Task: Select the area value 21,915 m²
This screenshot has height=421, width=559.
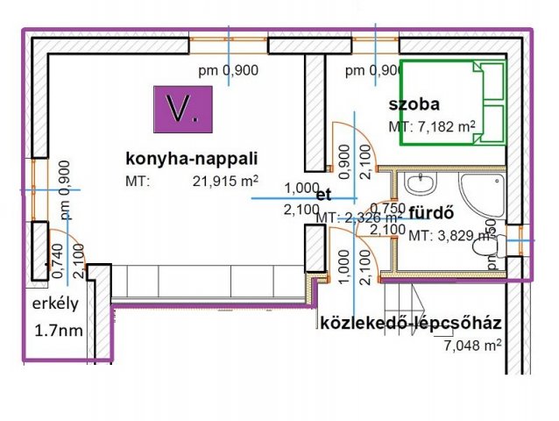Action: (x=225, y=182)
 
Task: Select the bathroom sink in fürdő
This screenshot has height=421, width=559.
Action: (x=422, y=184)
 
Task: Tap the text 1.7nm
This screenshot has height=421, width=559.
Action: (x=60, y=332)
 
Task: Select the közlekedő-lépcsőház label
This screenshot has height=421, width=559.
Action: (x=411, y=324)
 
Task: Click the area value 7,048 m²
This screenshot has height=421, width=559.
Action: (x=473, y=346)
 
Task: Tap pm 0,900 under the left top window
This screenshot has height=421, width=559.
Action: (x=227, y=71)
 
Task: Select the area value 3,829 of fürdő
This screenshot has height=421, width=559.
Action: (x=443, y=235)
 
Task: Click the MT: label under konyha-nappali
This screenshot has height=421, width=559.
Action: (x=138, y=182)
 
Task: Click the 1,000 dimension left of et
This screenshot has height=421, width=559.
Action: (x=301, y=188)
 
